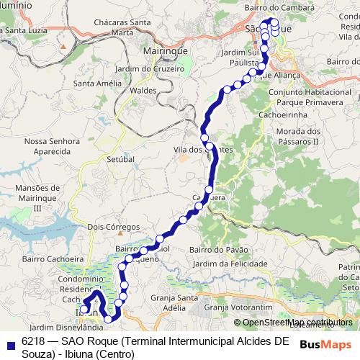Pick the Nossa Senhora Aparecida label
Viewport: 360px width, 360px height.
click(x=50, y=147)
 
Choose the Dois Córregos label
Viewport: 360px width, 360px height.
click(x=113, y=227)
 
